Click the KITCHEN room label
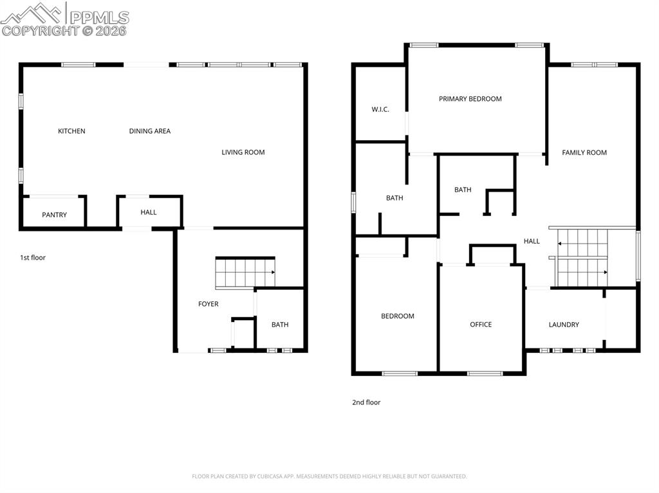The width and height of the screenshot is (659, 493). point(71,131)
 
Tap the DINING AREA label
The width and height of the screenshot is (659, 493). point(149,131)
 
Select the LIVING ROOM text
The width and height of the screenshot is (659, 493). point(243,152)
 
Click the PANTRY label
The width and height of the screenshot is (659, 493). point(54,215)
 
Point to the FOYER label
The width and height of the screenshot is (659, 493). point(208,304)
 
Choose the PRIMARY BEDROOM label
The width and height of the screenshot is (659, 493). point(470,99)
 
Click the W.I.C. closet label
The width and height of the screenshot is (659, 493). point(380,109)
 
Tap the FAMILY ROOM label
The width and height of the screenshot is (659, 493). point(584,152)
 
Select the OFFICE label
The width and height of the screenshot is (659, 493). point(481,325)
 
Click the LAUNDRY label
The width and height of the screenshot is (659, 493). point(564,325)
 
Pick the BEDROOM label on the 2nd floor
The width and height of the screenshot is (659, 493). point(398,316)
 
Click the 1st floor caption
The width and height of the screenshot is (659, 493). point(33,258)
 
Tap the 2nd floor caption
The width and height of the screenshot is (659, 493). point(366,402)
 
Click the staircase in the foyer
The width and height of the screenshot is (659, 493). point(245,273)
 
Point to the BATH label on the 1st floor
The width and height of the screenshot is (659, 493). point(280,325)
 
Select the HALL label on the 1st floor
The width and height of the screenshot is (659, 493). point(149,212)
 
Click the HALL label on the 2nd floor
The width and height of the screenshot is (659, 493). point(532,241)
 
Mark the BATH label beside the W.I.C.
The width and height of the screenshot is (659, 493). point(394,198)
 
